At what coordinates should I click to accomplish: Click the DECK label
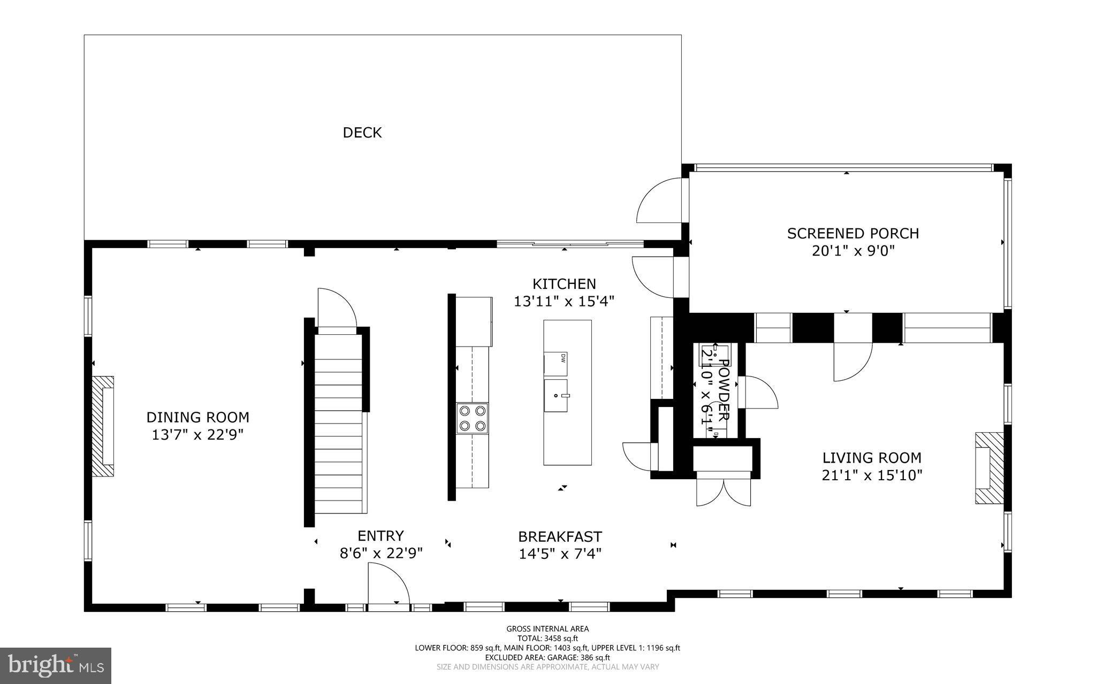(x=362, y=133)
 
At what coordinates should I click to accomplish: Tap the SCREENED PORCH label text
(x=853, y=233)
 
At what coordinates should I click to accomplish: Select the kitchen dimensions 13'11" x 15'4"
(x=564, y=302)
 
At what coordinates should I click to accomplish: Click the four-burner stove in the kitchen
(x=473, y=418)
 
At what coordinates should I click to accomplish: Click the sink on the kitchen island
(x=556, y=396)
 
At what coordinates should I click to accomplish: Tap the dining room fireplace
(x=103, y=426)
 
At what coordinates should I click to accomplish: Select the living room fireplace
(x=988, y=468)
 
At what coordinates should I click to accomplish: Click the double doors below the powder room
(x=724, y=491)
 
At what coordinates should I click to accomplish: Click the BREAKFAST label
(x=560, y=536)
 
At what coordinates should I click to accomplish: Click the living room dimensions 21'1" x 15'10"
(x=872, y=475)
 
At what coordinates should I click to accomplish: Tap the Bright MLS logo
(x=56, y=665)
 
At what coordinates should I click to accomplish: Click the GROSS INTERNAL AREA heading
(x=547, y=629)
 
